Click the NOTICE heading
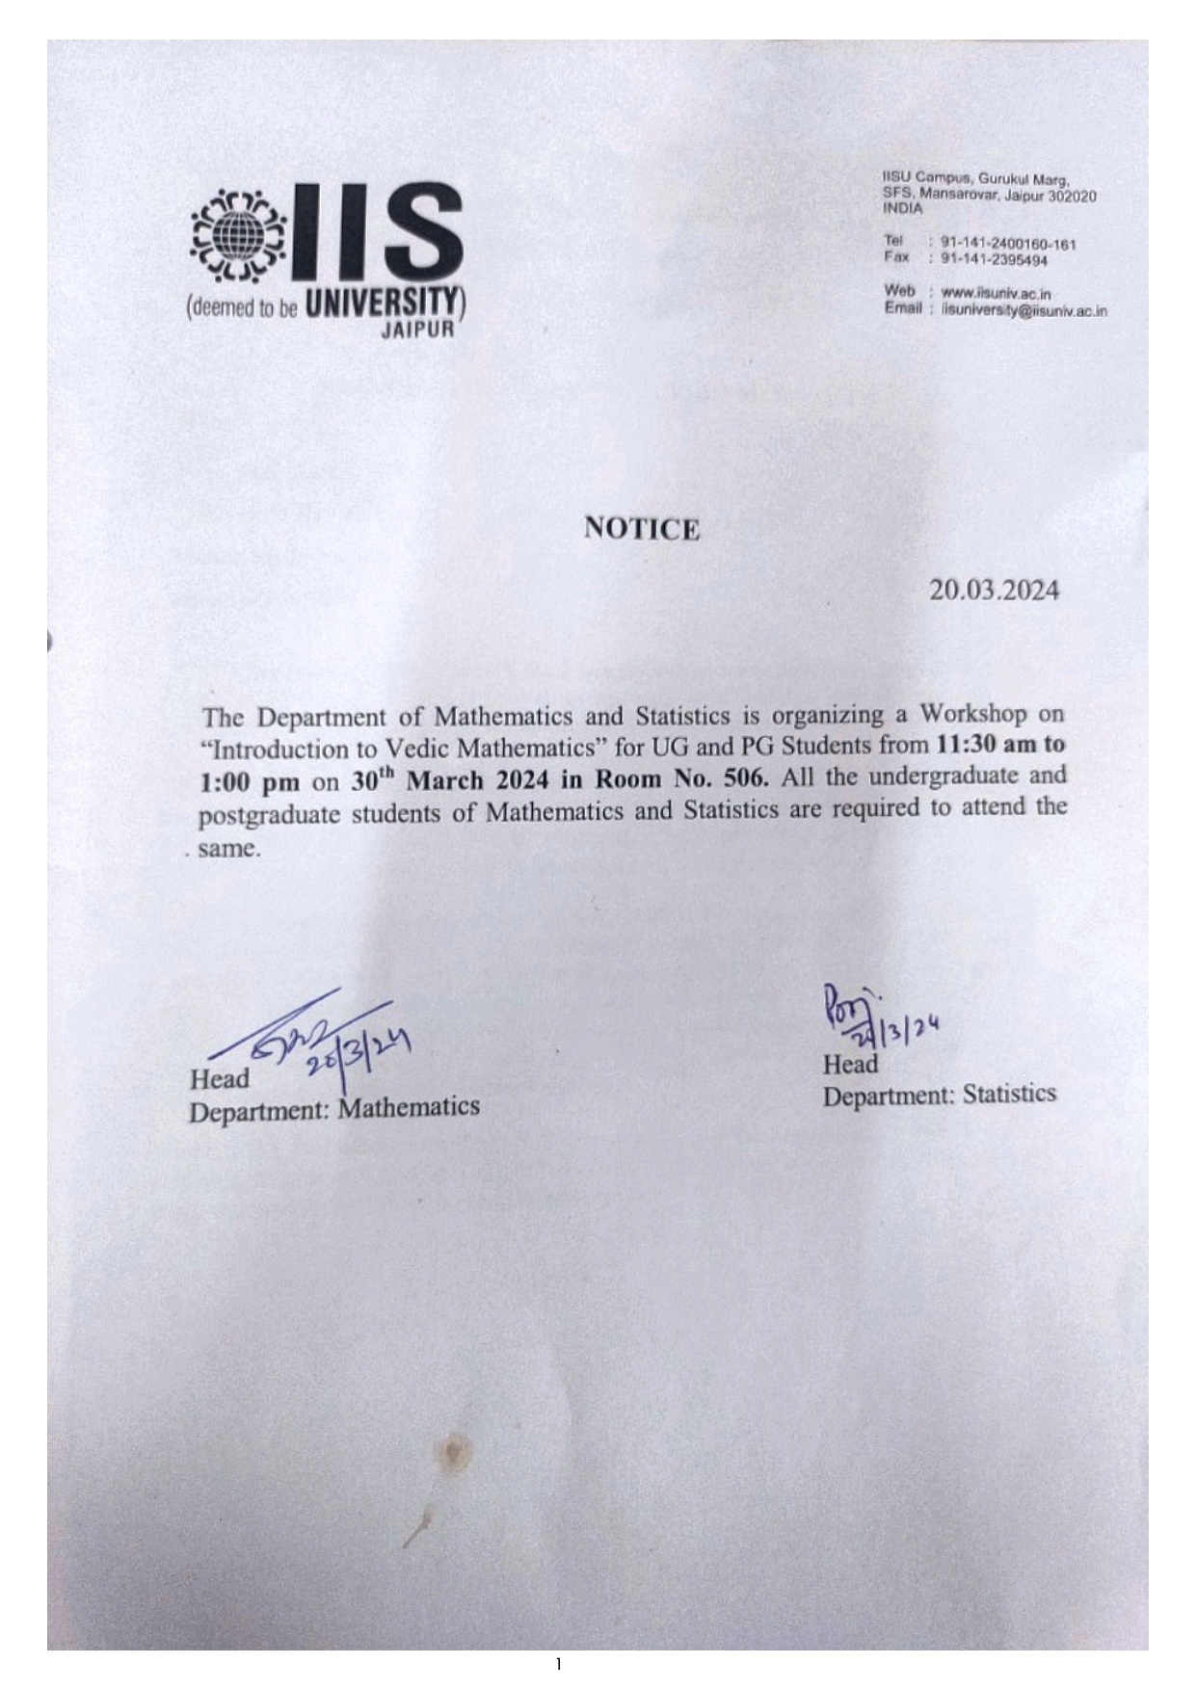(642, 529)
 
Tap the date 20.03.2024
(994, 591)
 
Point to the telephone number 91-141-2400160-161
(1008, 245)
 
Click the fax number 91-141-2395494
(994, 260)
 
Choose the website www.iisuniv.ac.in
(996, 293)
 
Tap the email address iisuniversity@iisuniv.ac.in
(1024, 311)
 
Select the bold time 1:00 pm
(250, 782)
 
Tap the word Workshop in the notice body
(972, 714)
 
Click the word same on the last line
(228, 850)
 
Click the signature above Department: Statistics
(872, 1019)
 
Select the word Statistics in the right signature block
(1009, 1094)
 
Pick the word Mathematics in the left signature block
(409, 1107)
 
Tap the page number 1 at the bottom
(558, 1664)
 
